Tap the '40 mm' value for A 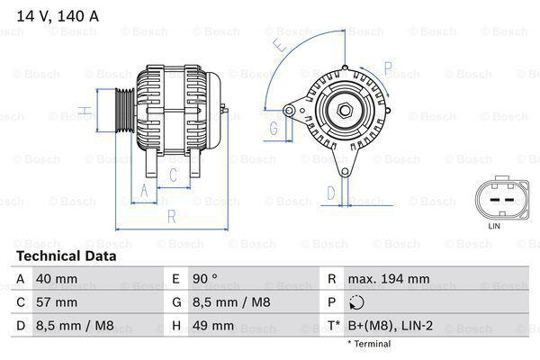pos(55,279)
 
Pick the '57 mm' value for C pos(55,302)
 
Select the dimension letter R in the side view pos(171,215)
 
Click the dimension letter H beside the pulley pos(83,111)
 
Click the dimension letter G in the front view pos(273,129)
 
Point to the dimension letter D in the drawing pos(330,192)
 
